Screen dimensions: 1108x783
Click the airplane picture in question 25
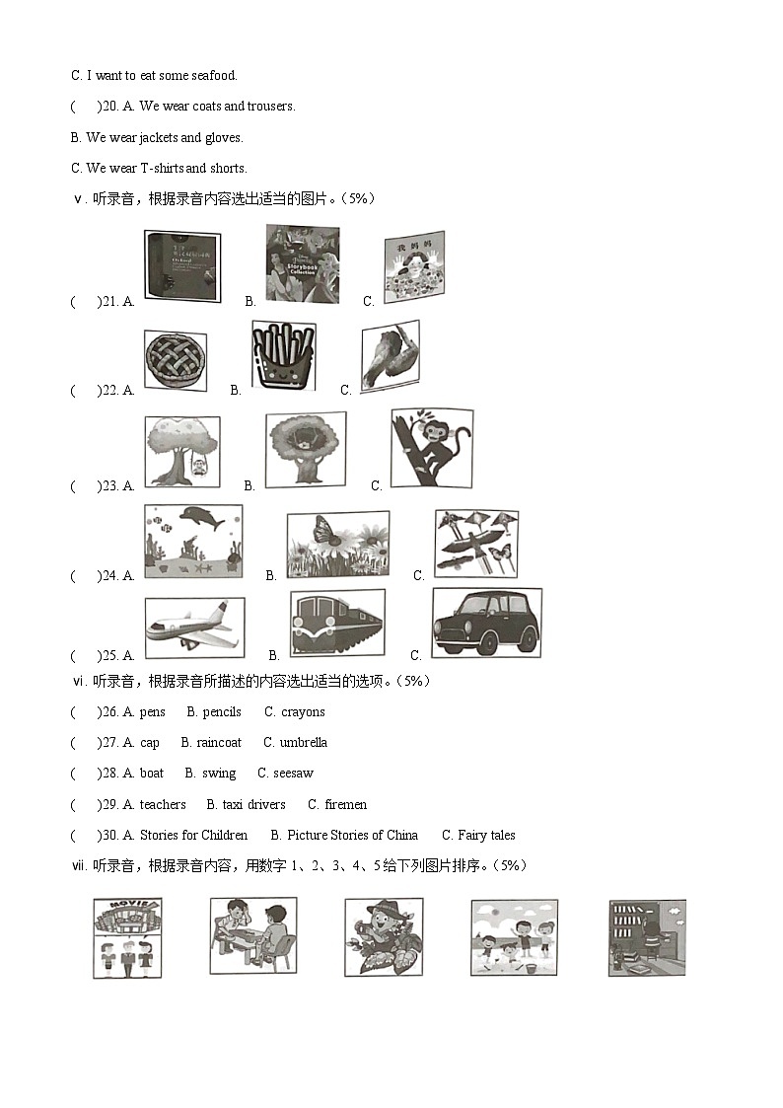(194, 628)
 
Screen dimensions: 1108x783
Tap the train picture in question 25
(337, 624)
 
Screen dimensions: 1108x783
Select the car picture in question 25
(486, 623)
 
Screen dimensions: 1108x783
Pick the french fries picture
(284, 355)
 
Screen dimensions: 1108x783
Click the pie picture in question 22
(176, 360)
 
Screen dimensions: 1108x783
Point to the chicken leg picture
(389, 356)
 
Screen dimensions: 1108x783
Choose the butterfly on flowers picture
(337, 545)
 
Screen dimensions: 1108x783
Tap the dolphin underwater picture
(193, 541)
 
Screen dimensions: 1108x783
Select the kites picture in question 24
(476, 544)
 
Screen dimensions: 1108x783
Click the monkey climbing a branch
(431, 448)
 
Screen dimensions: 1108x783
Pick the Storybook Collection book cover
(302, 264)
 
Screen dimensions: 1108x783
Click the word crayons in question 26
(303, 712)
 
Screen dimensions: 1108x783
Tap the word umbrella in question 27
(304, 743)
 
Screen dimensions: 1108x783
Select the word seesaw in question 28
(294, 774)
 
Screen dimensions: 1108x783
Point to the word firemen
(345, 805)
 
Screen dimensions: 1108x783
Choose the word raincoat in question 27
(219, 743)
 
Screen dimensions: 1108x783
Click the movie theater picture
(127, 937)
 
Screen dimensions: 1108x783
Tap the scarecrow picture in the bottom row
(383, 936)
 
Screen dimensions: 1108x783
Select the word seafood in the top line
(215, 75)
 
